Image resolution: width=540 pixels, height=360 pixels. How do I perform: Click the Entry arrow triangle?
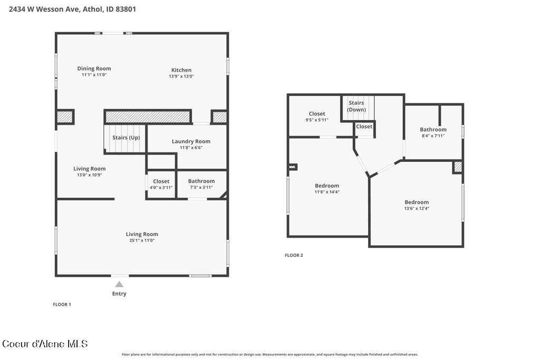(x=119, y=284)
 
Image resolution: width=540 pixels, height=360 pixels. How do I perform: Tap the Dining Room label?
(x=94, y=69)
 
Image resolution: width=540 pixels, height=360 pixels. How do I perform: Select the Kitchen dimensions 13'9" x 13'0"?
(x=181, y=76)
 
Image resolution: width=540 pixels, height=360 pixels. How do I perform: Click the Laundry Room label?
(x=191, y=141)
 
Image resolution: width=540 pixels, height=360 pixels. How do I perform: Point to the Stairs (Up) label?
(x=126, y=138)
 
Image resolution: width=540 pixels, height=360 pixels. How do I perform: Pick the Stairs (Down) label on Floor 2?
(x=356, y=106)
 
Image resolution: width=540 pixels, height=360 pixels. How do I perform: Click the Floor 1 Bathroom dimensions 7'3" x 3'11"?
(x=201, y=187)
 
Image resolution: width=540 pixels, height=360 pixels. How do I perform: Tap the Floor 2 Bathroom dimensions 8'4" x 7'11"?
(x=433, y=135)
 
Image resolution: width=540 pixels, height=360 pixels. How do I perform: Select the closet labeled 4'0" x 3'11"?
(x=161, y=184)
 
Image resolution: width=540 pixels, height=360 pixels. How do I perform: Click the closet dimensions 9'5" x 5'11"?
(x=317, y=120)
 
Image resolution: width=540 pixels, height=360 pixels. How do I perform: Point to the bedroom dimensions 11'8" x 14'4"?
(x=327, y=192)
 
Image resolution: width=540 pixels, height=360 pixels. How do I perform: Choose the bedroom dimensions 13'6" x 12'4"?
(x=417, y=208)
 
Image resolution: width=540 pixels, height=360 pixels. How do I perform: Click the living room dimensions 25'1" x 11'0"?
(x=142, y=240)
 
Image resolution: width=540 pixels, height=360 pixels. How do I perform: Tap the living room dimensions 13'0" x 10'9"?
(x=90, y=175)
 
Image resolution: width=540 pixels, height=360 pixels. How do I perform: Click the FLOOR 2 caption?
(x=294, y=255)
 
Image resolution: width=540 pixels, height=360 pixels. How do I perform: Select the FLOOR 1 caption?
(x=62, y=304)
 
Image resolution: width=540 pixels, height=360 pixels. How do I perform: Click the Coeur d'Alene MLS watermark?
(x=45, y=344)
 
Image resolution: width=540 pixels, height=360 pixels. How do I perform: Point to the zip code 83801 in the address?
(x=126, y=9)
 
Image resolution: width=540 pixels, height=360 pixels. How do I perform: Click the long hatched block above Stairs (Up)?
(x=148, y=117)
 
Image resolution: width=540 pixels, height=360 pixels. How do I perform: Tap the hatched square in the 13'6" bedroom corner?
(x=458, y=167)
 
